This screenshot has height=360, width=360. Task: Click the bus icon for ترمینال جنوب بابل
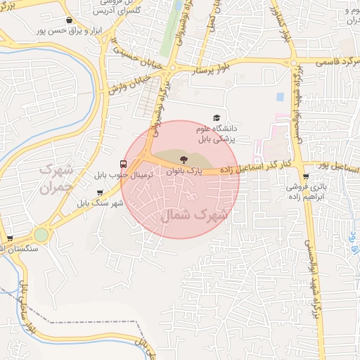tap(124, 160)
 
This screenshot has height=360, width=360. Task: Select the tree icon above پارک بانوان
tap(184, 160)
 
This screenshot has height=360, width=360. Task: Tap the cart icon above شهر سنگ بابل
tap(100, 192)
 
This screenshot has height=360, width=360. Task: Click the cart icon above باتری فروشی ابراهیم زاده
tap(305, 176)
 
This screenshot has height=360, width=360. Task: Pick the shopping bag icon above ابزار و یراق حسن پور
tap(68, 20)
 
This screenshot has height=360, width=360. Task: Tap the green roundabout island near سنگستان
tap(41, 234)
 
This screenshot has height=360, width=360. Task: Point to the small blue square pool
tap(280, 96)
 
